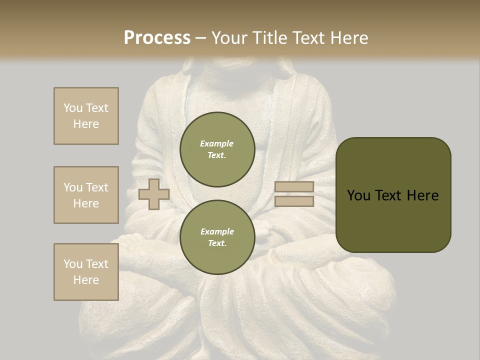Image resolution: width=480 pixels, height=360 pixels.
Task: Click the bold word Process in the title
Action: (157, 38)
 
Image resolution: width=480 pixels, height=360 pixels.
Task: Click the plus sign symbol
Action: (153, 194)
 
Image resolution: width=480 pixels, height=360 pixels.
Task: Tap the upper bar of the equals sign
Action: (294, 187)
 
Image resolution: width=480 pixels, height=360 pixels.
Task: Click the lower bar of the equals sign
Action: (294, 201)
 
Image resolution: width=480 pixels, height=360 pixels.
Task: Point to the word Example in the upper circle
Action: (217, 143)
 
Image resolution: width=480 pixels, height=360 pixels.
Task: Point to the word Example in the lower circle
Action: (217, 231)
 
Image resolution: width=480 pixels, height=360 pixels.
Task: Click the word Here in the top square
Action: (86, 124)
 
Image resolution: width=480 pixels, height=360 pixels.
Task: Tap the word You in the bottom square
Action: (72, 264)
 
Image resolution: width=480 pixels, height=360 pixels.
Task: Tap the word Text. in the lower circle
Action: (217, 243)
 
